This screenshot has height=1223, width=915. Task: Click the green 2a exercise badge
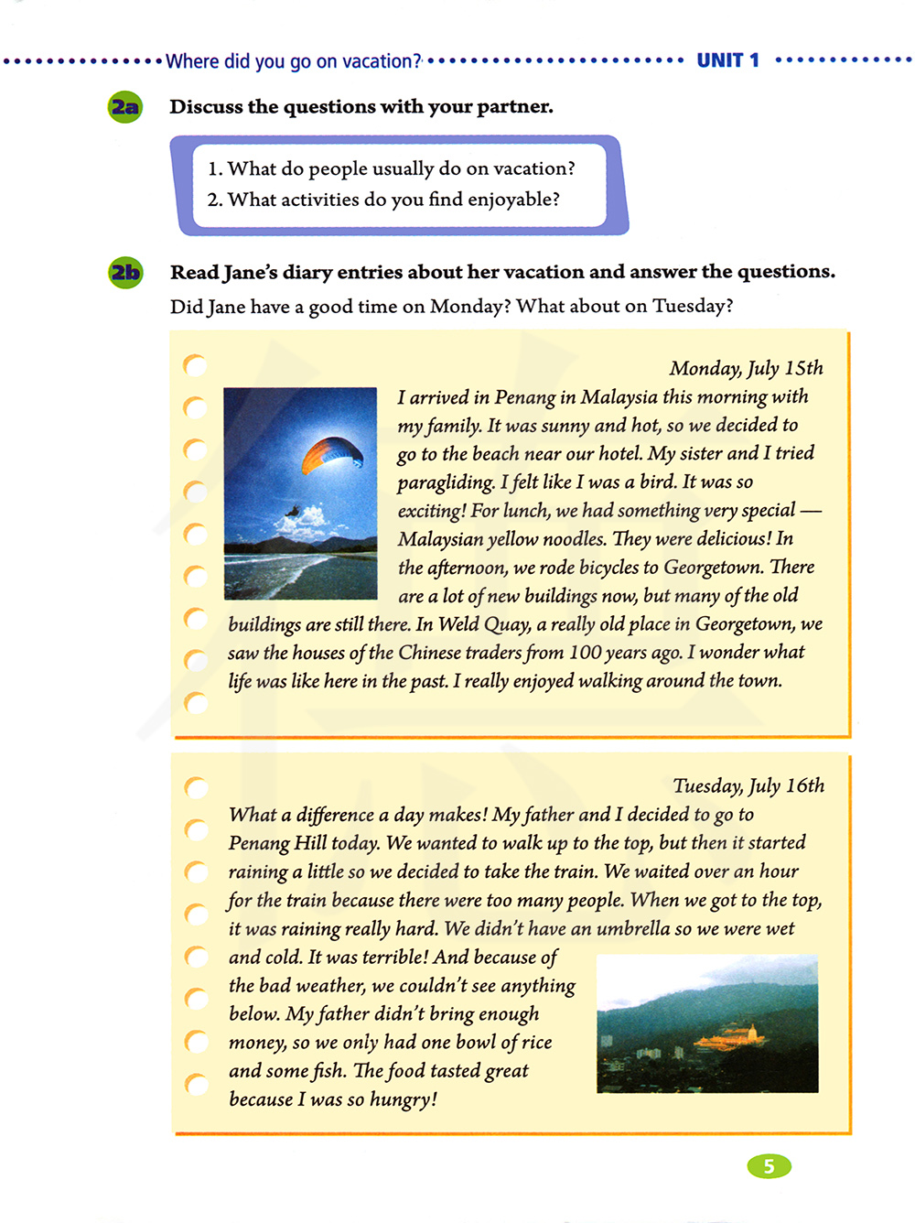(125, 107)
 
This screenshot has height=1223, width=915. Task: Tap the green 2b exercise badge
(125, 273)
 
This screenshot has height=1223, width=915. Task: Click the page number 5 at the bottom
(769, 1166)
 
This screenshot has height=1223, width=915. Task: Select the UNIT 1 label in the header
(727, 60)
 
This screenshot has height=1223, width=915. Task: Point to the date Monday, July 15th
(746, 368)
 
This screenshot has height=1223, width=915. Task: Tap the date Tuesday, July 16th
(748, 785)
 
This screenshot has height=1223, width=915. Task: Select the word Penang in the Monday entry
(524, 397)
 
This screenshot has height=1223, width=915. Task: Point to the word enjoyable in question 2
(512, 200)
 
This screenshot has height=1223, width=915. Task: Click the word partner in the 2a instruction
(514, 107)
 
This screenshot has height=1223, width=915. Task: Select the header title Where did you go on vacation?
(293, 61)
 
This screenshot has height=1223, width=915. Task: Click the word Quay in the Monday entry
(507, 624)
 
